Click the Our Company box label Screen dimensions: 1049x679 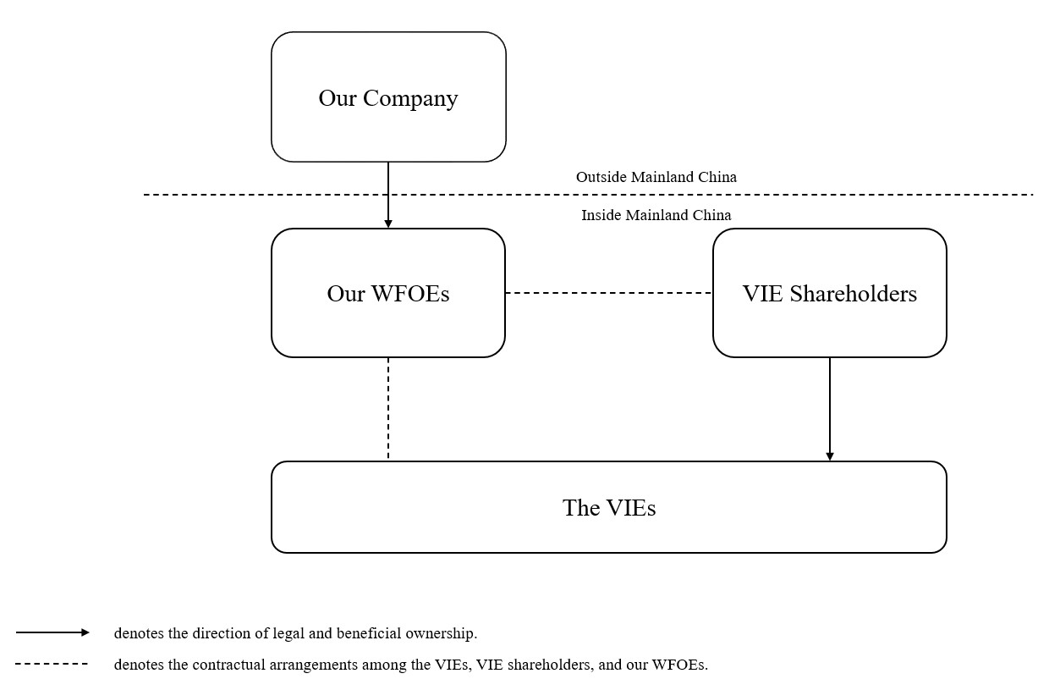pos(388,99)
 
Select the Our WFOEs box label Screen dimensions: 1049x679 pos(388,294)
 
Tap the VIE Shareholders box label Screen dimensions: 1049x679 pos(830,294)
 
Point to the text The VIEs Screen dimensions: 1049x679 pos(609,507)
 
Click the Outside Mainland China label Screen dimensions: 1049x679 pos(656,177)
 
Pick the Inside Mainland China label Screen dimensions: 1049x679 pos(656,215)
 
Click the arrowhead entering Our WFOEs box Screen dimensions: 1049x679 pos(388,224)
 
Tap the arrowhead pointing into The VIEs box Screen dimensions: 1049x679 pos(830,456)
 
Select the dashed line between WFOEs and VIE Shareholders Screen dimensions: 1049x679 pos(609,293)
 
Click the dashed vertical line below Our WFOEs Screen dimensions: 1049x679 pos(388,409)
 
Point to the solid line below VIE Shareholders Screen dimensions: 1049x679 pos(830,409)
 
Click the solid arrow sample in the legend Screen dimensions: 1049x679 pos(52,632)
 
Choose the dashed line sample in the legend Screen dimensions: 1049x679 pos(52,664)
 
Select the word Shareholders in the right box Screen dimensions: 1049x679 pos(854,294)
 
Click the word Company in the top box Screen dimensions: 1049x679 pos(410,99)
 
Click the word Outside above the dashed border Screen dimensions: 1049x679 pos(601,177)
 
